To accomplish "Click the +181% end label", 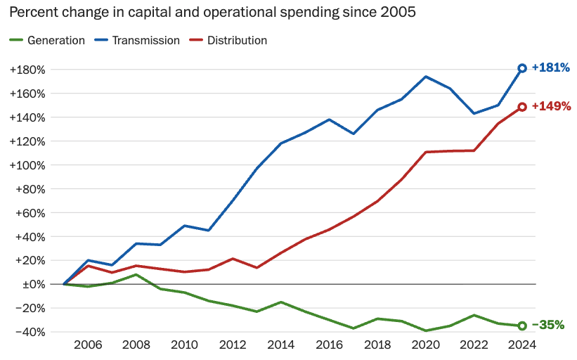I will [x=550, y=68].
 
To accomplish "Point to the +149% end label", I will [x=551, y=107].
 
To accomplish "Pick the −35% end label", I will [x=548, y=325].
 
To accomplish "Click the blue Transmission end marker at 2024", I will [x=522, y=68].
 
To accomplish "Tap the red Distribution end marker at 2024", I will [x=522, y=107].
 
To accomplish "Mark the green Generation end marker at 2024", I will [x=522, y=326].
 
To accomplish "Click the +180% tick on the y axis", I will [x=27, y=70].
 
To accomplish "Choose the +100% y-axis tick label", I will [x=27, y=165].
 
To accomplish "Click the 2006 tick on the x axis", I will [x=88, y=345].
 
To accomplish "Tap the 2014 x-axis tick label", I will [x=281, y=345].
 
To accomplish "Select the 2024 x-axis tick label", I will [x=522, y=345].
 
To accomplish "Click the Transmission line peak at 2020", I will [x=426, y=77].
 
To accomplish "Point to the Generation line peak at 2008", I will [x=136, y=274].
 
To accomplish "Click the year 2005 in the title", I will [x=396, y=13].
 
